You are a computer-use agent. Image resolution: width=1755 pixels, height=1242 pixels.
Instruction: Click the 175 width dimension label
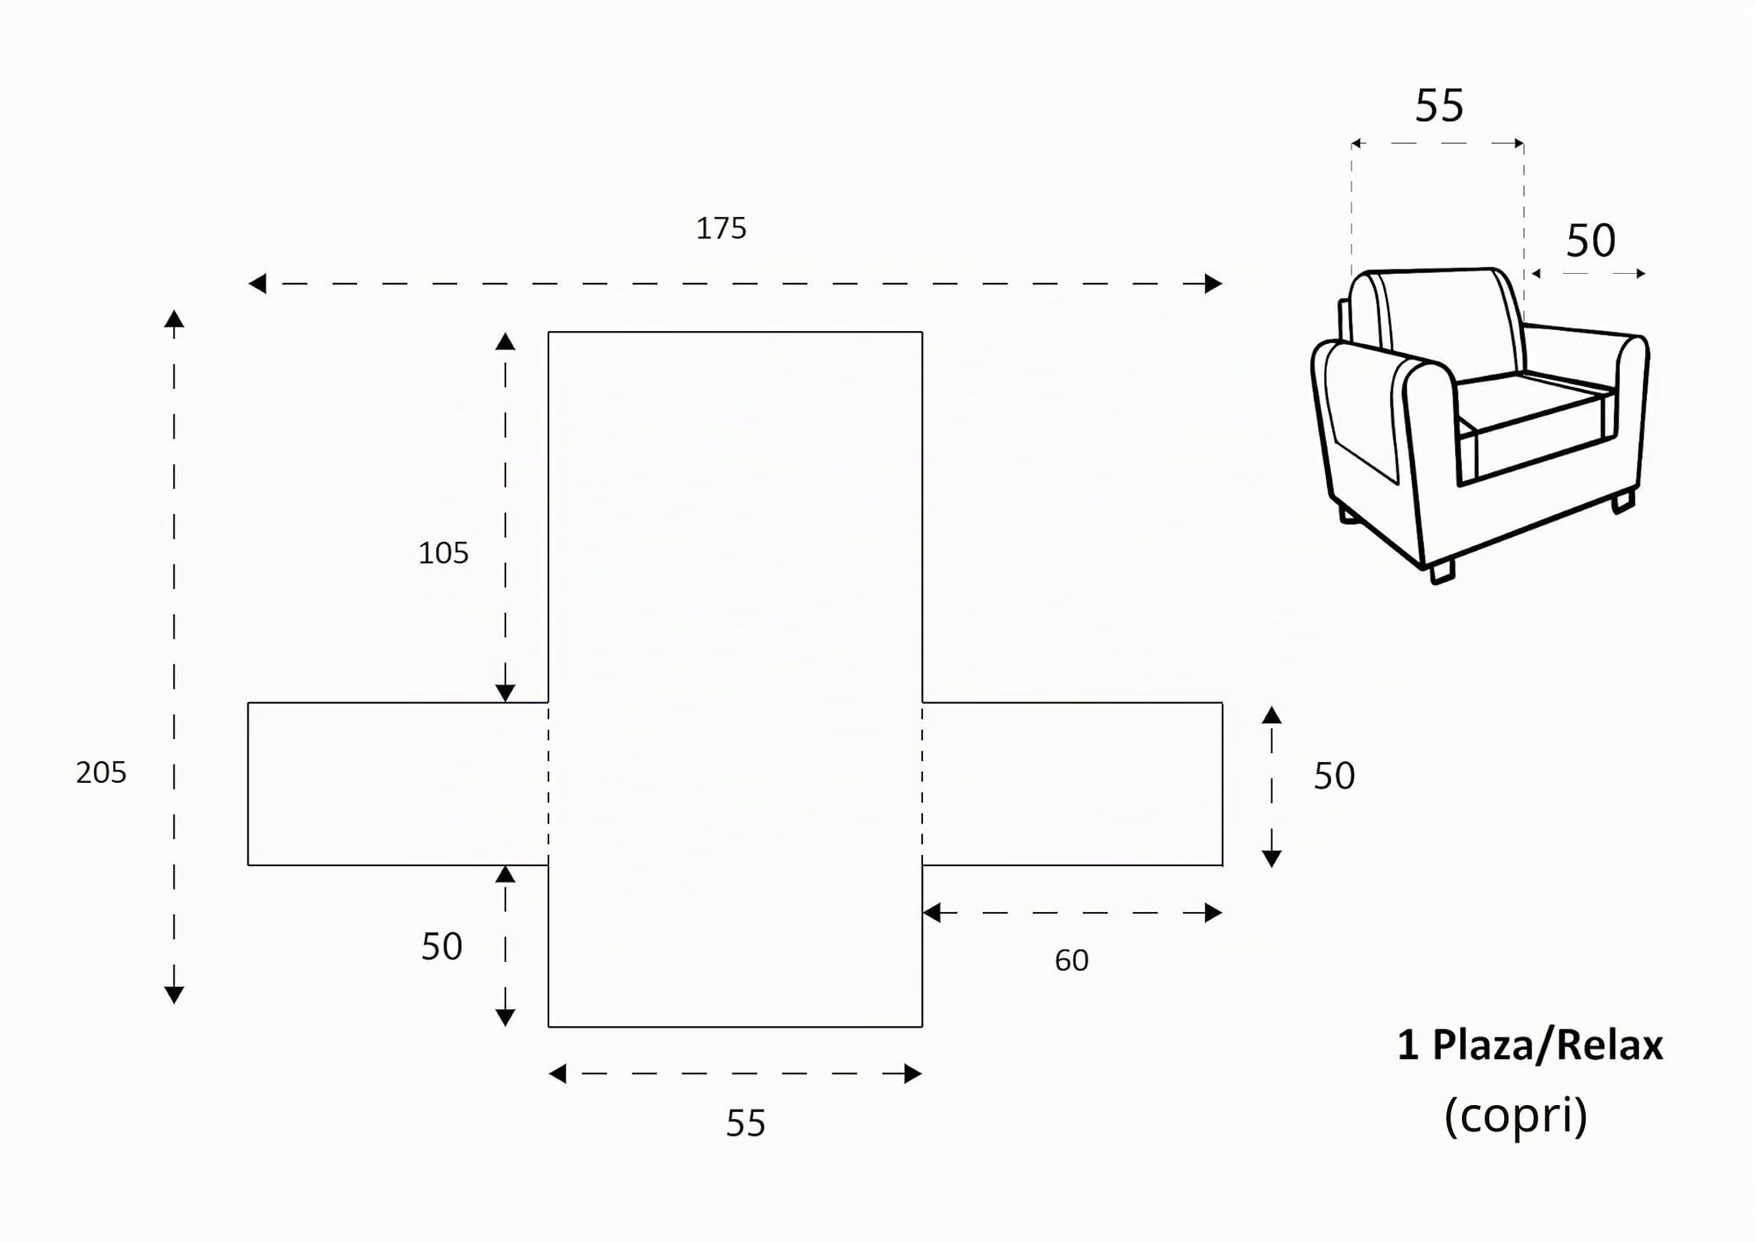(720, 228)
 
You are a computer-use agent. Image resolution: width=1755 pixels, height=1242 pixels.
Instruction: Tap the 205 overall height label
(101, 772)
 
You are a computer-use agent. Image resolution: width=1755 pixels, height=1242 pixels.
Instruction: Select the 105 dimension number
(443, 553)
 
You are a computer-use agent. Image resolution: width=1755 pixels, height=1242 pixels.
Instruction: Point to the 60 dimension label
(1071, 960)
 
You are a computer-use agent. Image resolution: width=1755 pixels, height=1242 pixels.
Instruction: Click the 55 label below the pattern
(745, 1124)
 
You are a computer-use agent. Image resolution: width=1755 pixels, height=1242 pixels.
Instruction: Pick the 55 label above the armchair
(1439, 105)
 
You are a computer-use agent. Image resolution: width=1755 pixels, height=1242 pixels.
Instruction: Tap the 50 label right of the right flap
(1334, 776)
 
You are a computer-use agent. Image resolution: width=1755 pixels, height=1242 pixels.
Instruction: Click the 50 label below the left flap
(441, 946)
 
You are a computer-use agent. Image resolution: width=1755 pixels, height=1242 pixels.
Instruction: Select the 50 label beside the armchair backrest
(1590, 241)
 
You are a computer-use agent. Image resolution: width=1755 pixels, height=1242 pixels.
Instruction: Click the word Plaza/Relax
(1547, 1045)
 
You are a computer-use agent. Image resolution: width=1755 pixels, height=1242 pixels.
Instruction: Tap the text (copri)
(1515, 1116)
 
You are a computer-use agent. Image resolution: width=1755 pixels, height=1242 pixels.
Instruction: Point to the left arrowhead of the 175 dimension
(257, 284)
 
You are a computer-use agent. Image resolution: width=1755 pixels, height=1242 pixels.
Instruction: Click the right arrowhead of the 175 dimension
(1214, 284)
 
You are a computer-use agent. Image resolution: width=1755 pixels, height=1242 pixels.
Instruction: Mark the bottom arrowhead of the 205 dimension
(174, 994)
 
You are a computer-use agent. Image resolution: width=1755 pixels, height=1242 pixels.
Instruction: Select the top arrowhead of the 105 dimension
(505, 341)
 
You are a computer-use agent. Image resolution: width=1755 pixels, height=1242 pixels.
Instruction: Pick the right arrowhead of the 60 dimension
(1214, 913)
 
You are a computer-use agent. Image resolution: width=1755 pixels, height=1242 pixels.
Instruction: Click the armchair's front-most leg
(1441, 571)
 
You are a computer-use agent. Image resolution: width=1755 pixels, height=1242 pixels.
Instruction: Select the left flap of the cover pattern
(398, 784)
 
